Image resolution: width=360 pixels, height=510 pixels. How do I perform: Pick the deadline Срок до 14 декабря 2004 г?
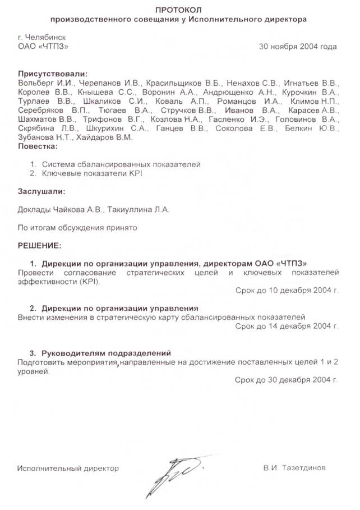coord(287,325)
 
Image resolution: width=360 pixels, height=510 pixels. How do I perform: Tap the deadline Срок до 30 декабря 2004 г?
coord(287,379)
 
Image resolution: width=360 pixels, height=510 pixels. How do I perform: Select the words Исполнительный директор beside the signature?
coord(68,467)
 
